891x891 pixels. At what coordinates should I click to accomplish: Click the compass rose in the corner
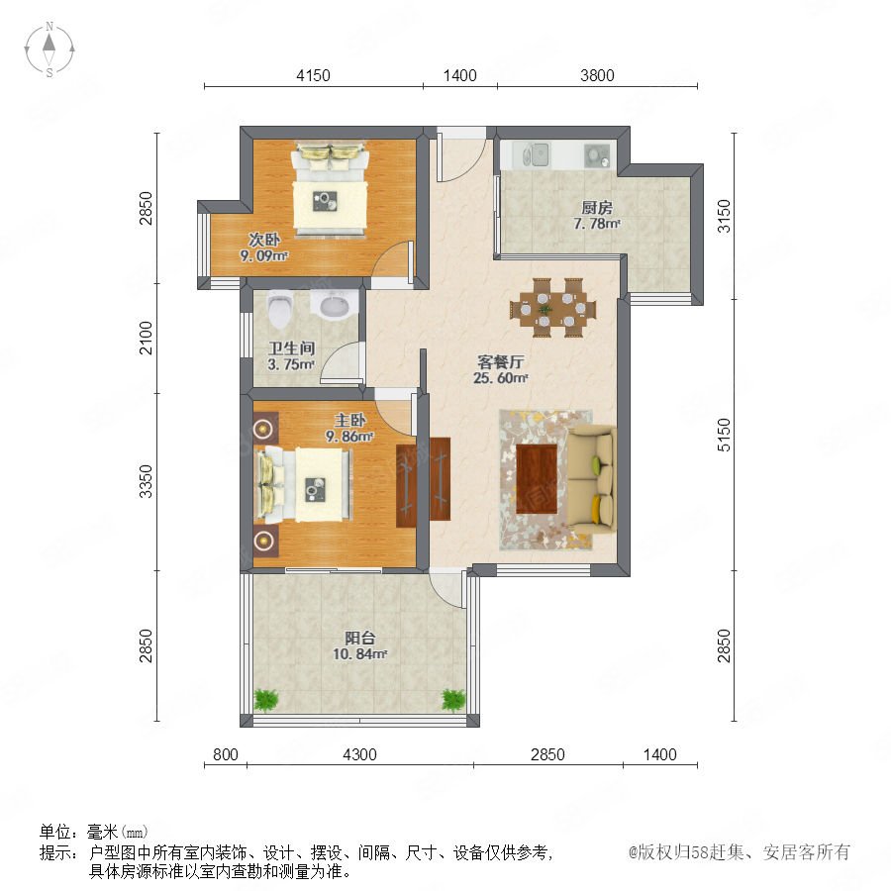click(x=49, y=49)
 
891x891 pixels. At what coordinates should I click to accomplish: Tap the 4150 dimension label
click(x=313, y=75)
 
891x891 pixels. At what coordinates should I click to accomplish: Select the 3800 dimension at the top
click(x=597, y=75)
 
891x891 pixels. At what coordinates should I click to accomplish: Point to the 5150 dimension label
click(x=724, y=435)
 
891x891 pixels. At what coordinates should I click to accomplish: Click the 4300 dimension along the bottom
click(x=359, y=754)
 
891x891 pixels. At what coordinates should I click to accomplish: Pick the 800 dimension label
click(x=226, y=754)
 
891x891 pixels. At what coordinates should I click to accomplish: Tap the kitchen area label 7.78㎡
click(x=597, y=224)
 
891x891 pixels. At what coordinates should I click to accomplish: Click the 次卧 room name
click(x=264, y=240)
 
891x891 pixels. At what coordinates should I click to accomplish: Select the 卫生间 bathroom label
click(x=291, y=348)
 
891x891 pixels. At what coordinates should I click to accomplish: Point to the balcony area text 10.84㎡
click(x=359, y=654)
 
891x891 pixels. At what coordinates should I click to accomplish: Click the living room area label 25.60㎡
click(x=501, y=378)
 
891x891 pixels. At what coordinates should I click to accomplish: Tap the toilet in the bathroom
click(x=279, y=310)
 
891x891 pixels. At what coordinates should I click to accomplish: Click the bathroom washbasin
click(x=335, y=305)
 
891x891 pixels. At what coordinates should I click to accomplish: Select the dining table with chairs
click(x=552, y=308)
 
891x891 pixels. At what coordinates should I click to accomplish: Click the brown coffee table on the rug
click(x=537, y=479)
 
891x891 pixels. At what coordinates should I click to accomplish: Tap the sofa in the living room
click(x=592, y=479)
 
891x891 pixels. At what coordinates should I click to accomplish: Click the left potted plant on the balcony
click(x=266, y=700)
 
